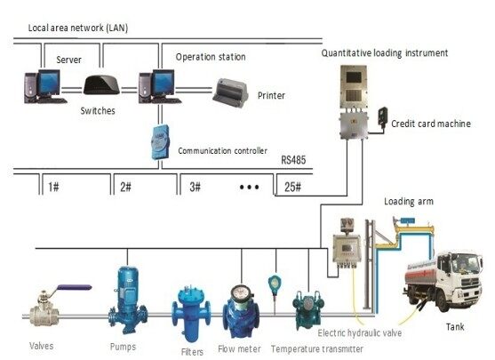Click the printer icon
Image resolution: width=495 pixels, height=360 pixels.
(x=232, y=90)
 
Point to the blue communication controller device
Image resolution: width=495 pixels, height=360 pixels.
(x=159, y=140)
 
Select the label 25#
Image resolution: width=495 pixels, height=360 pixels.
(x=292, y=187)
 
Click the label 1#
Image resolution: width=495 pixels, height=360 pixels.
(x=55, y=187)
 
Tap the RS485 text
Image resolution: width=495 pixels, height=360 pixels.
(x=293, y=161)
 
